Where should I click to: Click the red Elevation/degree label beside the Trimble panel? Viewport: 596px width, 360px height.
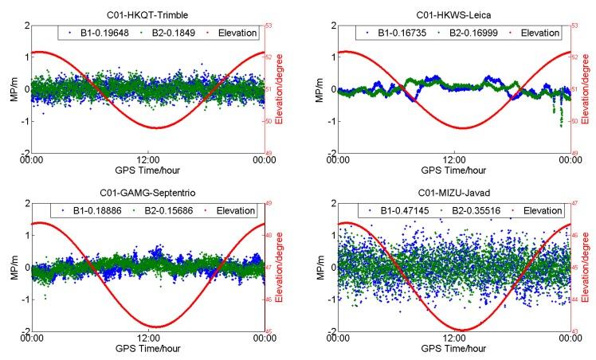(279, 88)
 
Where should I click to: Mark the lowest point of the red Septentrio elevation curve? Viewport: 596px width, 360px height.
(155, 327)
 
